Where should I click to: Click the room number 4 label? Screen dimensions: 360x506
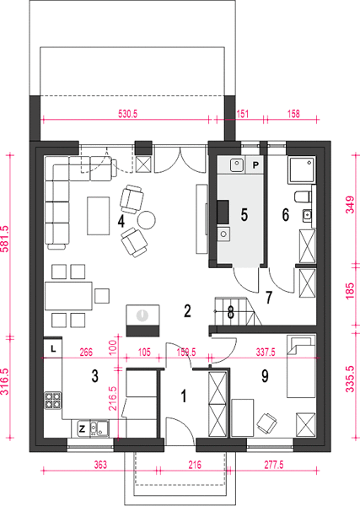pyautogui.click(x=121, y=221)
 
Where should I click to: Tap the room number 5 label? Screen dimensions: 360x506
pyautogui.click(x=244, y=214)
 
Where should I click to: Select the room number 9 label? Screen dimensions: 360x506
pyautogui.click(x=265, y=375)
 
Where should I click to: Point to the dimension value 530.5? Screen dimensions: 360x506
pyautogui.click(x=128, y=114)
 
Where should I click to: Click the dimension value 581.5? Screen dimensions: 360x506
pyautogui.click(x=6, y=239)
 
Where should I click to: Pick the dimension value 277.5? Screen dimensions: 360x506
pyautogui.click(x=273, y=465)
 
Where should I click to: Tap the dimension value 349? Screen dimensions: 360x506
pyautogui.click(x=350, y=205)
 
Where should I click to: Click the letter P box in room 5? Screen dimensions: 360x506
pyautogui.click(x=255, y=165)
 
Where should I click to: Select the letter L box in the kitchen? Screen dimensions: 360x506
pyautogui.click(x=53, y=348)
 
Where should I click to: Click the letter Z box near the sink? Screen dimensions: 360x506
pyautogui.click(x=83, y=428)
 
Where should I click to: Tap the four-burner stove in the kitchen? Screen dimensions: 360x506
pyautogui.click(x=53, y=400)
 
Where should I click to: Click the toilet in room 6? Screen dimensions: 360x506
pyautogui.click(x=304, y=196)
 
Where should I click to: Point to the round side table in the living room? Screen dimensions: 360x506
pyautogui.click(x=147, y=220)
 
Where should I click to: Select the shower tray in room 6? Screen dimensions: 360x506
pyautogui.click(x=302, y=170)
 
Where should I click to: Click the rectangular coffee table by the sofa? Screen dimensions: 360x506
pyautogui.click(x=98, y=216)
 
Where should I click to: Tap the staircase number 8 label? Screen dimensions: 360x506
pyautogui.click(x=231, y=313)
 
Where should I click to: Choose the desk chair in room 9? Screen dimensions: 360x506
pyautogui.click(x=267, y=423)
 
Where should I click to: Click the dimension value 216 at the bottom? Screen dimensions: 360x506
pyautogui.click(x=195, y=465)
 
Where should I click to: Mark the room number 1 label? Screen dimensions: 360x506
pyautogui.click(x=184, y=396)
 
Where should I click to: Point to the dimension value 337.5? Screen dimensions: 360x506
pyautogui.click(x=266, y=352)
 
